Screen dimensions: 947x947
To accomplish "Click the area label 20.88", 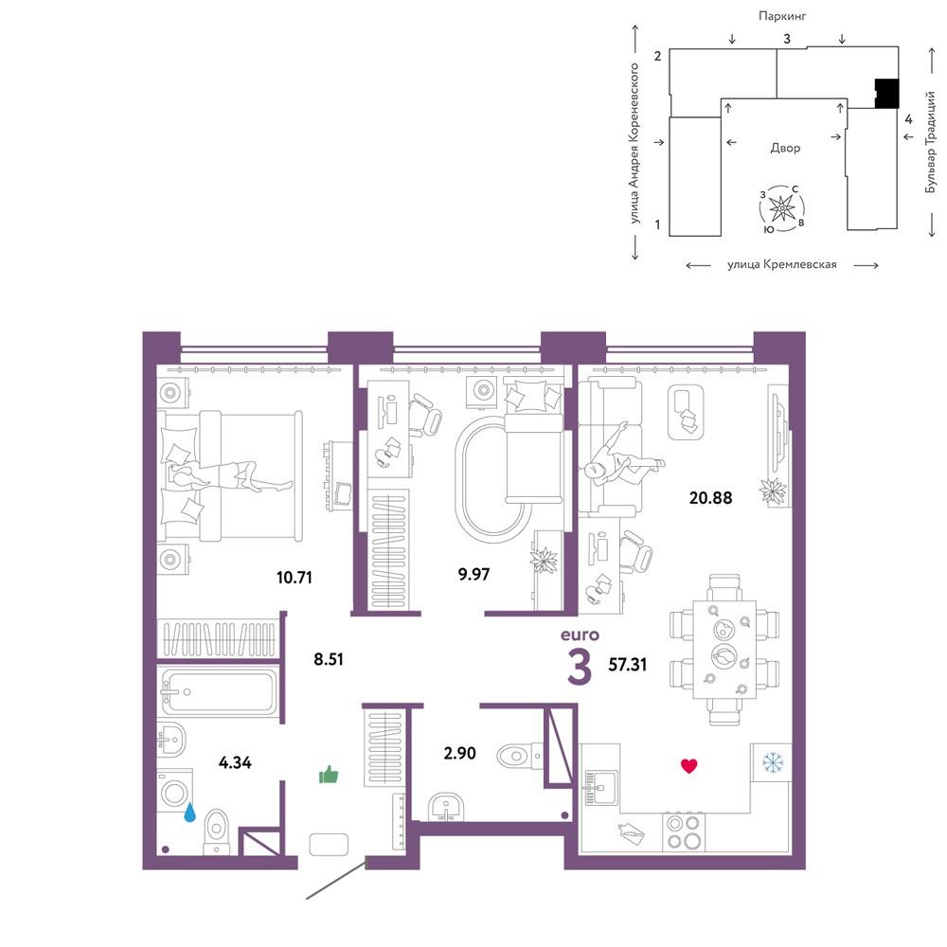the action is click(710, 498).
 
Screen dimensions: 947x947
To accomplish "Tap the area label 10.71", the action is click(295, 578).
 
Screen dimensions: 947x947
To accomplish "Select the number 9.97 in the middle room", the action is click(473, 574).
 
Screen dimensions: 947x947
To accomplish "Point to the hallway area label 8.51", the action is click(328, 659).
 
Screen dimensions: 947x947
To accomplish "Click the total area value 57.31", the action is click(628, 665).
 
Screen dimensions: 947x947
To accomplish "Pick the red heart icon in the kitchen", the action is click(689, 766).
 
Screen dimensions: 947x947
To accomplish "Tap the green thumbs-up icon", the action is click(329, 775).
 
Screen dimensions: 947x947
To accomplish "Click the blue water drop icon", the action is click(190, 813).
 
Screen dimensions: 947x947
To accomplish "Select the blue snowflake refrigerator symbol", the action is click(772, 762).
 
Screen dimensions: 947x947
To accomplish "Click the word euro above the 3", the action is click(580, 634).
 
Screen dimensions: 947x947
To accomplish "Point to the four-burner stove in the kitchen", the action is click(684, 831).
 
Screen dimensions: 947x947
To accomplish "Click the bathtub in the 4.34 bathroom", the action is click(219, 691).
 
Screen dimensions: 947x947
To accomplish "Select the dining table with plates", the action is click(724, 650).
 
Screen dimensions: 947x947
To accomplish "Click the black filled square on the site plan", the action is click(887, 94).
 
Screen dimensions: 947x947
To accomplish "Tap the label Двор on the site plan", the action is click(785, 148).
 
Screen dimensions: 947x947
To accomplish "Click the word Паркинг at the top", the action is click(782, 16).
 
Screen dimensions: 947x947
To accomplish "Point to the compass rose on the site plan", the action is click(783, 209).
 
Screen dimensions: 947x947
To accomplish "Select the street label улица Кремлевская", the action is click(782, 264).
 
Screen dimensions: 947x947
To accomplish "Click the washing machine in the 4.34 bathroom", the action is click(174, 791).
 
